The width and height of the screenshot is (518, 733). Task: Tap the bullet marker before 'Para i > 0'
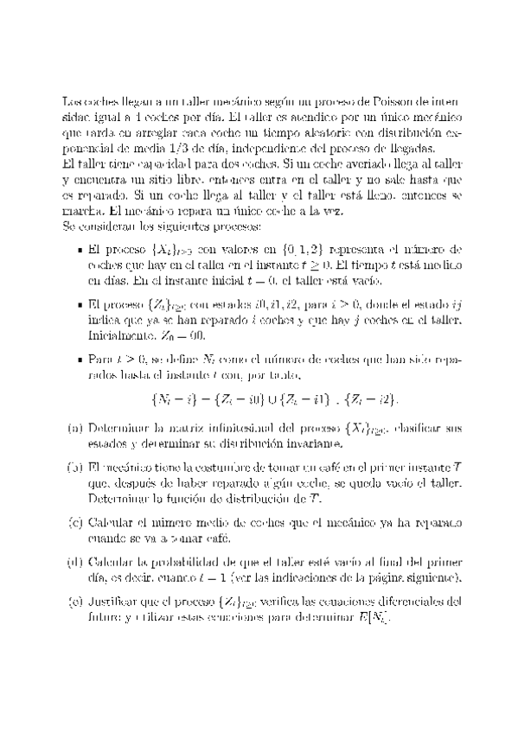coord(80,356)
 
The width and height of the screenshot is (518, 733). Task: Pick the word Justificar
coord(118,601)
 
